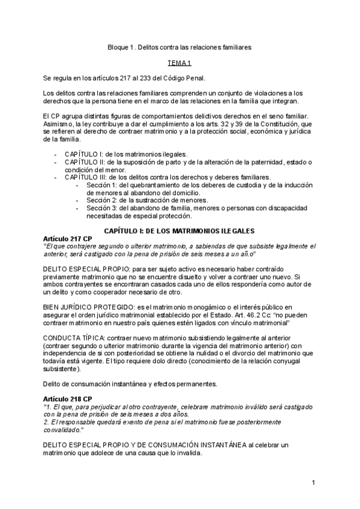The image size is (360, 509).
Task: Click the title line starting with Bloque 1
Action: pyautogui.click(x=179, y=46)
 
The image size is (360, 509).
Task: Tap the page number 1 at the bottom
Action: pyautogui.click(x=314, y=482)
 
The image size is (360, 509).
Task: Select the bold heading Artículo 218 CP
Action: pyautogui.click(x=67, y=399)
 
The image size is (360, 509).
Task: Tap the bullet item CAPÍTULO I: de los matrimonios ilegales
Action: pyautogui.click(x=126, y=154)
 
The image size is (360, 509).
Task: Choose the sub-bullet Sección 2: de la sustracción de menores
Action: pyautogui.click(x=147, y=200)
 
